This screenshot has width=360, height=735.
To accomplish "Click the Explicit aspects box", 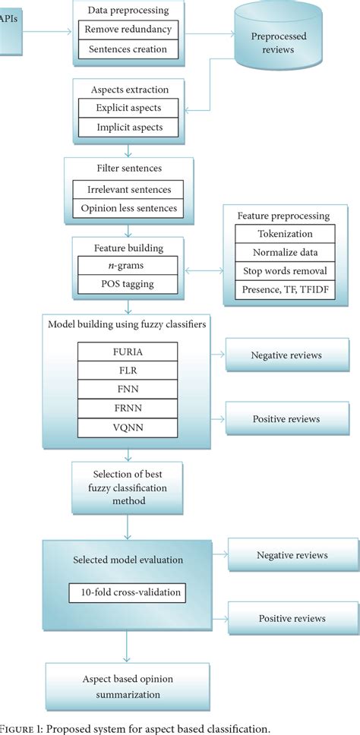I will [128, 108].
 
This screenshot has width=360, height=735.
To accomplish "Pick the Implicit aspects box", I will [128, 128].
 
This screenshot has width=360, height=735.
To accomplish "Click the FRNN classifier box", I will [127, 409].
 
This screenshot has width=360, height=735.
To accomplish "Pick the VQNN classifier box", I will [127, 427].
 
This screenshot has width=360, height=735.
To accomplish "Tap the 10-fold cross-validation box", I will [127, 591].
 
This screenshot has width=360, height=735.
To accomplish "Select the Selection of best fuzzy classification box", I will [116, 487].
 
